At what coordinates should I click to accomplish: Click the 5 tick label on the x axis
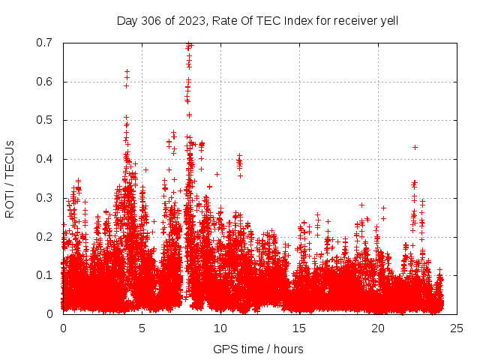[142, 328]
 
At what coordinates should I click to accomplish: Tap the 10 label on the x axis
[220, 328]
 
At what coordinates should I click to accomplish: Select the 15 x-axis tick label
[299, 328]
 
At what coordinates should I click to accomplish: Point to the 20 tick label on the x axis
[378, 328]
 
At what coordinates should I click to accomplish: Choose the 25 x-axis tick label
[457, 328]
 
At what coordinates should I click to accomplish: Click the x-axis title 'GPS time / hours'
[259, 349]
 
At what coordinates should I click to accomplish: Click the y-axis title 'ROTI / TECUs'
[10, 178]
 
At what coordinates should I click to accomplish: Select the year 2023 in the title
[189, 19]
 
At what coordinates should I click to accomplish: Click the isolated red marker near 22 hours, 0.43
[415, 147]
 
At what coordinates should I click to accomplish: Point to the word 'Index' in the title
[298, 19]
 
